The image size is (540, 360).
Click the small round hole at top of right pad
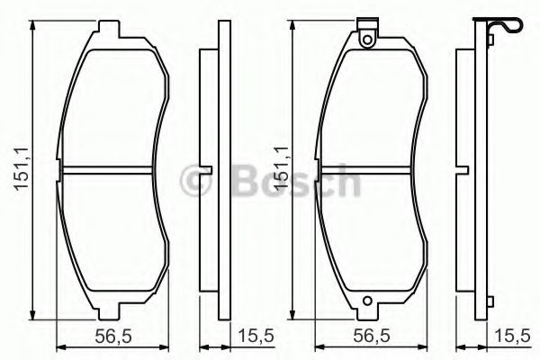point(366,39)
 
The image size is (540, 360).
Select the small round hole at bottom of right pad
point(366,303)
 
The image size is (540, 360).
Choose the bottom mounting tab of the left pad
point(108,311)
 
